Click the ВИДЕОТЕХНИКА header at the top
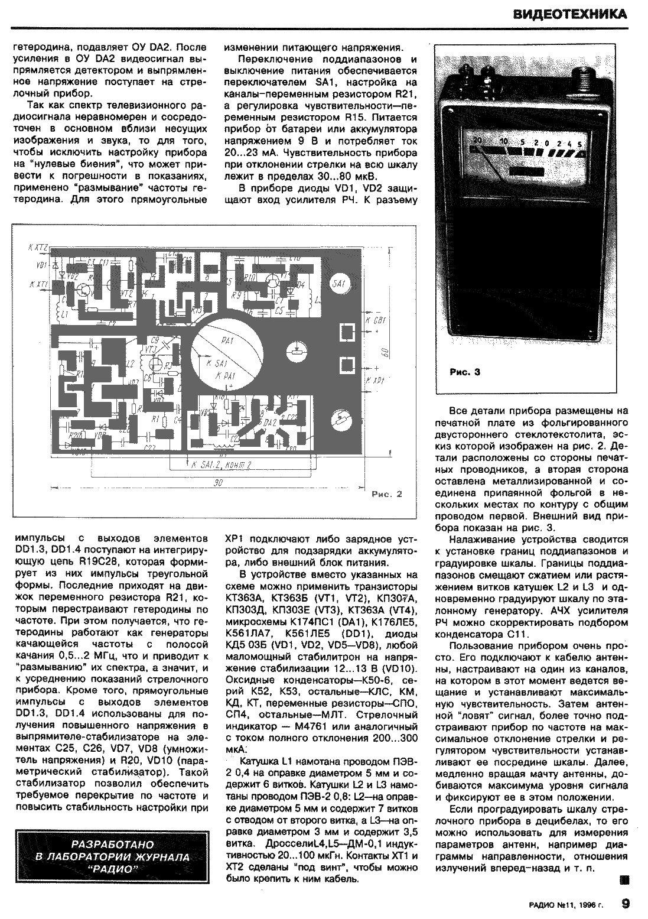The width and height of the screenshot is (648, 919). [x=569, y=14]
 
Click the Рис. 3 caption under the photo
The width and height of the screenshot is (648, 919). [x=465, y=372]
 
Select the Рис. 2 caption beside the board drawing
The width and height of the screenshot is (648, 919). [x=388, y=494]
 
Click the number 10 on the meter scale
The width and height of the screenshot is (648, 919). [x=504, y=142]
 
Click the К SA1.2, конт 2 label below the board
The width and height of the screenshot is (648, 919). [x=222, y=466]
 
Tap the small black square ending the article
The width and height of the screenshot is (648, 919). [x=623, y=880]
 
